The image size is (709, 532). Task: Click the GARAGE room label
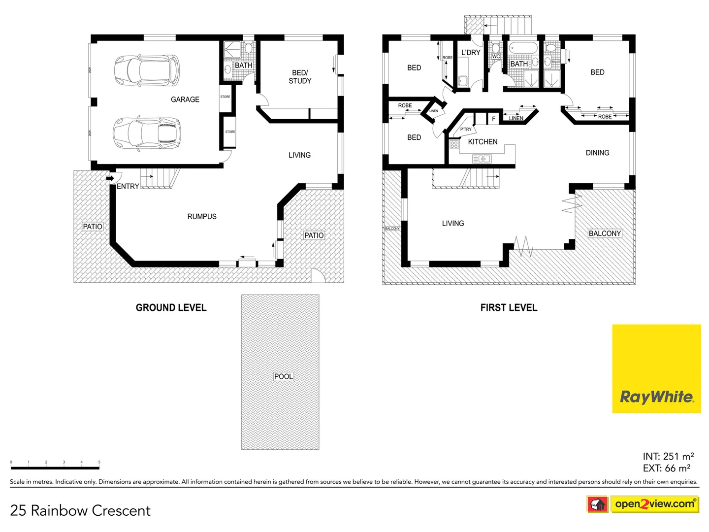tap(185, 100)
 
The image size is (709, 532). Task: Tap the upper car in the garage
tap(147, 70)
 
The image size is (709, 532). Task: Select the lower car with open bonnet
tap(147, 133)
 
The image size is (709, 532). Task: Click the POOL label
tap(283, 376)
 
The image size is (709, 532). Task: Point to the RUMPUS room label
tap(202, 216)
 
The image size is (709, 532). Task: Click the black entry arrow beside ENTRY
tap(110, 178)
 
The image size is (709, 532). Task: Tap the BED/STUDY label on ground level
tap(300, 77)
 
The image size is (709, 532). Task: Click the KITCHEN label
tap(483, 142)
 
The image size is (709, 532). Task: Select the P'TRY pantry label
tap(466, 129)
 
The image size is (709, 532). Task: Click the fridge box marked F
tap(493, 119)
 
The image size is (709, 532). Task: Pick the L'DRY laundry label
tap(471, 53)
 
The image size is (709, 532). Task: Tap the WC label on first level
tap(496, 57)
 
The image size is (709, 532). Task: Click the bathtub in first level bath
tap(523, 49)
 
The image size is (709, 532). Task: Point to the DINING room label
tap(597, 153)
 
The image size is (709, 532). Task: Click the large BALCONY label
tap(605, 233)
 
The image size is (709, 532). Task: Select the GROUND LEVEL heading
tap(171, 308)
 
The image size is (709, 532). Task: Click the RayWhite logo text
tap(656, 397)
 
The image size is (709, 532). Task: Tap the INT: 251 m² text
tap(668, 457)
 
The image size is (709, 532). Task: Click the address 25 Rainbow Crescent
tap(80, 511)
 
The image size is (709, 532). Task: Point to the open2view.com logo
tap(654, 504)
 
